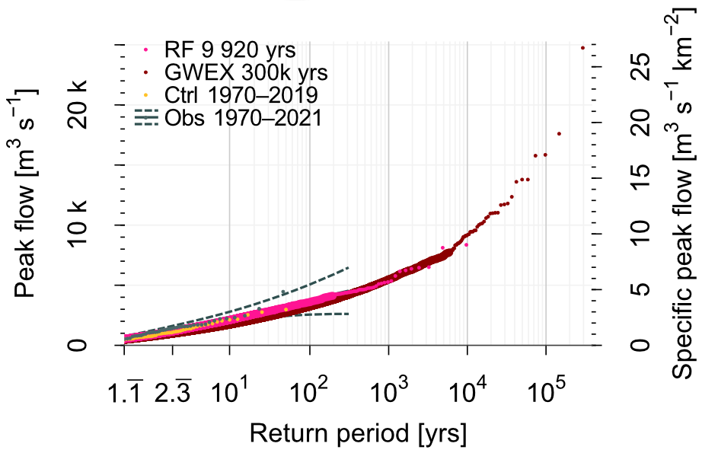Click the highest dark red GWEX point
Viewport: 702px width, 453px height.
[582, 47]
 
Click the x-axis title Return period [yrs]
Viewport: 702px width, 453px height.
[358, 435]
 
